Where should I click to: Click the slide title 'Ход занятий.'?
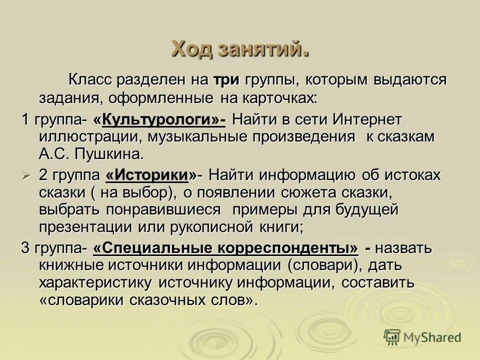pyautogui.click(x=239, y=49)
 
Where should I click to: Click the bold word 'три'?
pyautogui.click(x=226, y=80)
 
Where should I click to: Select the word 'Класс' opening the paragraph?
pyautogui.click(x=89, y=80)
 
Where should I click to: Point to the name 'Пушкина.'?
pyautogui.click(x=112, y=153)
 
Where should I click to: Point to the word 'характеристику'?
pyautogui.click(x=95, y=283)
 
